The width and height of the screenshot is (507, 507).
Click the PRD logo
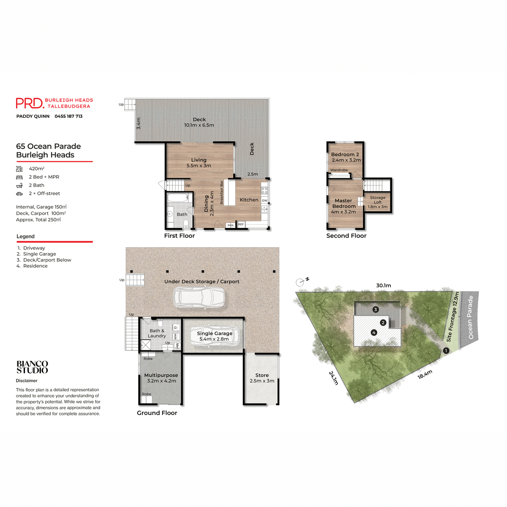[x=30, y=103]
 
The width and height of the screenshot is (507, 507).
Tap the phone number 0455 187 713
[x=68, y=116]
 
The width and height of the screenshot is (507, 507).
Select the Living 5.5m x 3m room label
[x=199, y=163]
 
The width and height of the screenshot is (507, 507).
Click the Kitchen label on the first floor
[x=249, y=200]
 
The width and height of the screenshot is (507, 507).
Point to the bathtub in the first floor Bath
[x=177, y=198]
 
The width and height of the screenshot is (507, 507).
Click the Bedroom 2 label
[x=345, y=157]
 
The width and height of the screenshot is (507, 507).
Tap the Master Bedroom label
[x=343, y=206]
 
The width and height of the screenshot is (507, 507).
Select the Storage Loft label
[x=377, y=202]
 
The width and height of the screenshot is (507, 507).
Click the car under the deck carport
[x=199, y=298]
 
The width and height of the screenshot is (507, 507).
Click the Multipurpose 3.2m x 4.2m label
[x=161, y=378]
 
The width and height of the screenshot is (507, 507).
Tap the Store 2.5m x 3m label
[x=262, y=378]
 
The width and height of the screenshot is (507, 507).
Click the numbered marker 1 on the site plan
[x=446, y=351]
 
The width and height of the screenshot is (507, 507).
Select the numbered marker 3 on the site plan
[x=376, y=310]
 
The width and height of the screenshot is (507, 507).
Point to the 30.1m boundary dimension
[x=383, y=286]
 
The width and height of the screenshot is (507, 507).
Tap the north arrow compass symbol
[x=301, y=282]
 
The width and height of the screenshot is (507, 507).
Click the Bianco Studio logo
[x=32, y=367]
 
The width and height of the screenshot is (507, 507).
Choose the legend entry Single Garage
[x=39, y=254]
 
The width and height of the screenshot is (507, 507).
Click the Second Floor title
[x=346, y=236]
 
